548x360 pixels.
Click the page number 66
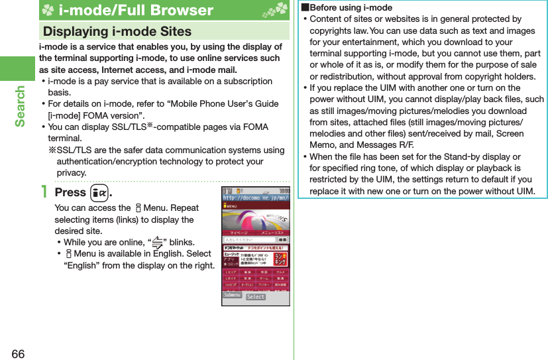(18, 353)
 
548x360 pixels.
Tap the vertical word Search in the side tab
(20, 106)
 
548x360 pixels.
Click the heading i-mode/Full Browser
(135, 10)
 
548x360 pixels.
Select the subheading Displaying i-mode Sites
(117, 31)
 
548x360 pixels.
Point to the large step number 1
(44, 192)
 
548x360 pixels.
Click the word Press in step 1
(70, 192)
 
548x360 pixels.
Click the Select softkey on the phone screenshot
(256, 297)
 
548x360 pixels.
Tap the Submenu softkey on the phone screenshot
(232, 295)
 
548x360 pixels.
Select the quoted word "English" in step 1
(82, 265)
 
